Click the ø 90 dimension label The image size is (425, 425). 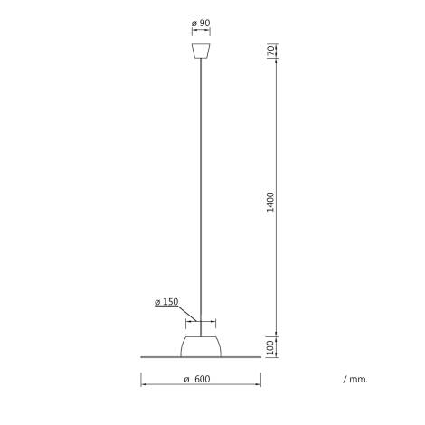(x=201, y=23)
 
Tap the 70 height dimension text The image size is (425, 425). (x=271, y=51)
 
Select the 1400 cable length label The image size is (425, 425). (x=270, y=202)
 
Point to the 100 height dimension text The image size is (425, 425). (x=270, y=347)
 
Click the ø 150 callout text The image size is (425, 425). (x=166, y=302)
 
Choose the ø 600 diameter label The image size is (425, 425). (x=197, y=379)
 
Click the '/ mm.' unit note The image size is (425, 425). (x=355, y=379)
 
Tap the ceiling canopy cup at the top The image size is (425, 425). (x=201, y=51)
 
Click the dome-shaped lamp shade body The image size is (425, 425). (x=201, y=346)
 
